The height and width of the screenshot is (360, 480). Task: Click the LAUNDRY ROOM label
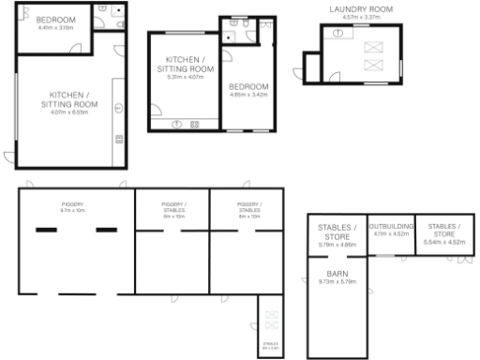[361, 8]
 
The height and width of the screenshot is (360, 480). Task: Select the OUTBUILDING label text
[388, 227]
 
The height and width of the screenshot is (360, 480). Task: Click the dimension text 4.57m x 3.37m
[361, 17]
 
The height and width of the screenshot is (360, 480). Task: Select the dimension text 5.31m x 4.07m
[184, 77]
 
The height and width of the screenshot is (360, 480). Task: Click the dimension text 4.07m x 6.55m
[69, 113]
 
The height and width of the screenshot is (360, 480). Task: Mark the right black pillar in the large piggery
[105, 230]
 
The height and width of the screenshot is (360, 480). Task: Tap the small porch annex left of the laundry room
[310, 67]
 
